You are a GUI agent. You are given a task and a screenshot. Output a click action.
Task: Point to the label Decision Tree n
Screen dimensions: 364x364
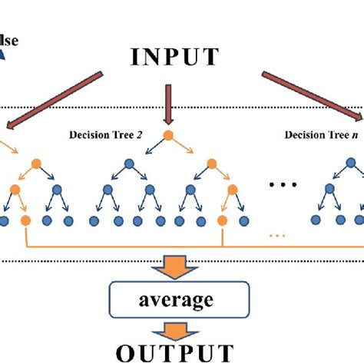[x=319, y=134]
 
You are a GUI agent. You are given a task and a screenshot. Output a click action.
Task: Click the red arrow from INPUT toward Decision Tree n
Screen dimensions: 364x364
[x=311, y=96]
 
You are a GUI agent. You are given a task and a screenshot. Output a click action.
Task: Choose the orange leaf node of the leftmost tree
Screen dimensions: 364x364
[x=25, y=221]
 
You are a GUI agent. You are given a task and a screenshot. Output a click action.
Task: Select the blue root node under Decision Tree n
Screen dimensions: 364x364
[x=352, y=164]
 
